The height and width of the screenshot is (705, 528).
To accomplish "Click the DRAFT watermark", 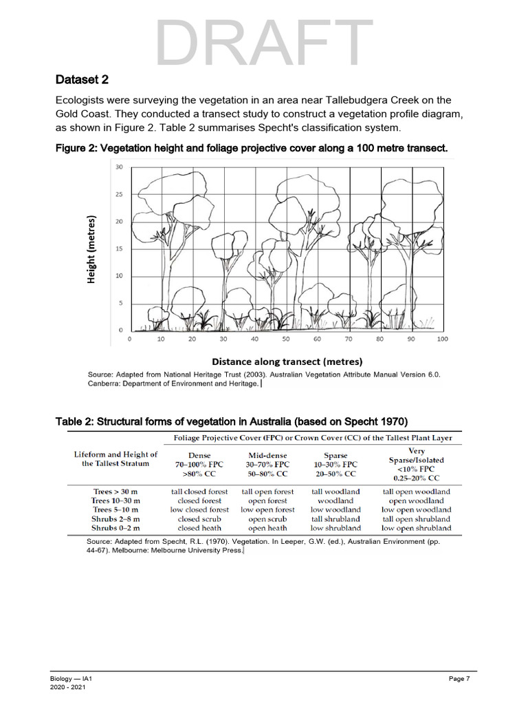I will click(264, 43).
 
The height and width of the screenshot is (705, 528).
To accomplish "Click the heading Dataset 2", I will click(82, 79).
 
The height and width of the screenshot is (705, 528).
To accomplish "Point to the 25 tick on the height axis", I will click(119, 195).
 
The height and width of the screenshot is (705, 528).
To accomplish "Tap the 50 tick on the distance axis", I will click(285, 339).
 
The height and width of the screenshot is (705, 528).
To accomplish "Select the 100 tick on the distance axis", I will click(442, 339).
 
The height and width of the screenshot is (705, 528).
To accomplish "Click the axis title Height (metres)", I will click(91, 249).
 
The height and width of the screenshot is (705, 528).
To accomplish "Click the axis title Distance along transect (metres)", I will click(287, 361).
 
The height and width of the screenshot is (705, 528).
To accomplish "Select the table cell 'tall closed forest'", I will click(199, 492).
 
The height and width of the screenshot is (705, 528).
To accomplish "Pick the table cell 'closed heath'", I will click(199, 528).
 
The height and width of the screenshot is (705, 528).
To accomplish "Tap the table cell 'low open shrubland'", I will click(417, 528).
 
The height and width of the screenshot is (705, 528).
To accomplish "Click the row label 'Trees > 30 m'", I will click(116, 492).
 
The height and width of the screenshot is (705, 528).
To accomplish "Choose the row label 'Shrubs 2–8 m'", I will click(116, 519).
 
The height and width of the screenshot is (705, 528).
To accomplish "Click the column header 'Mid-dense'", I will click(267, 456).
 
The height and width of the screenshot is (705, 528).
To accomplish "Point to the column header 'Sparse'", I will click(335, 456).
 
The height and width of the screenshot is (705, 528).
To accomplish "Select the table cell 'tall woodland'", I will click(335, 492).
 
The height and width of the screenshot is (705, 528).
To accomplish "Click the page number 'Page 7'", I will click(459, 680).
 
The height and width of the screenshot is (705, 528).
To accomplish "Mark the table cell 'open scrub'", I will click(267, 519).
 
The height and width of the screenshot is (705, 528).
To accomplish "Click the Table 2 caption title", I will click(232, 421).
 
